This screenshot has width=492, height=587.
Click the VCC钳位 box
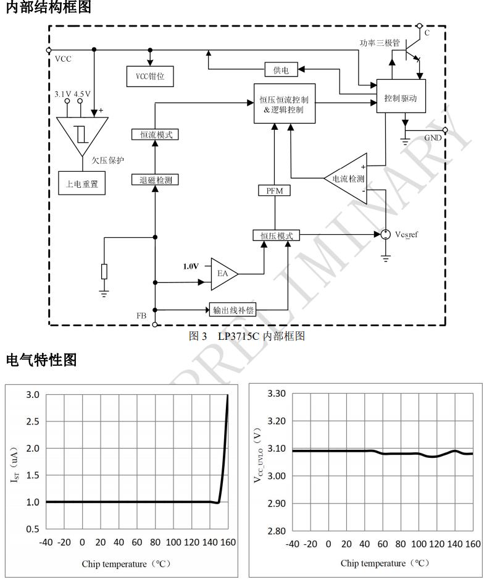[149, 76]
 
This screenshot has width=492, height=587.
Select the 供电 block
[281, 70]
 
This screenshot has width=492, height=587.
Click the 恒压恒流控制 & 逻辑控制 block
[285, 103]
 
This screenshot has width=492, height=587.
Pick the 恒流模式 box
[155, 134]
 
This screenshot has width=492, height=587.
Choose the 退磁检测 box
[155, 180]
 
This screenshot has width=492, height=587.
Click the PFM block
[274, 190]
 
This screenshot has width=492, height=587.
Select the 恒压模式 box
[276, 235]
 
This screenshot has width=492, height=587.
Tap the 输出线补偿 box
[233, 310]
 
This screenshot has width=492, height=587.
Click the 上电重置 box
[82, 184]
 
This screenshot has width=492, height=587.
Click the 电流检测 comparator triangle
[347, 178]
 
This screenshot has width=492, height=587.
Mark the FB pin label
[141, 316]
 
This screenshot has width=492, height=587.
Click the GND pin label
[433, 138]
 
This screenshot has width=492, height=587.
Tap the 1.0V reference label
[191, 266]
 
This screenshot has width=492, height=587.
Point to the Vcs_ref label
[406, 234]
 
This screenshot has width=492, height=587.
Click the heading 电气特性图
[41, 360]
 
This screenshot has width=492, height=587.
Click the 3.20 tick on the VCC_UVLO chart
[275, 421]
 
